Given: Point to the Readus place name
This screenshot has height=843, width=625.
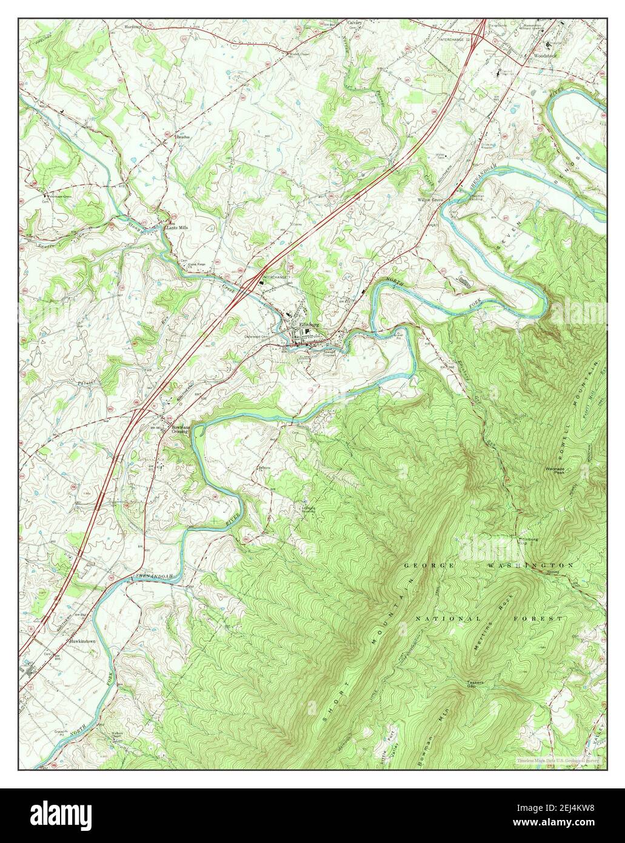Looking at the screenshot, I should (183, 137).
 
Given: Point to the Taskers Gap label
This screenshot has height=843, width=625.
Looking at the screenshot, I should (475, 684).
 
